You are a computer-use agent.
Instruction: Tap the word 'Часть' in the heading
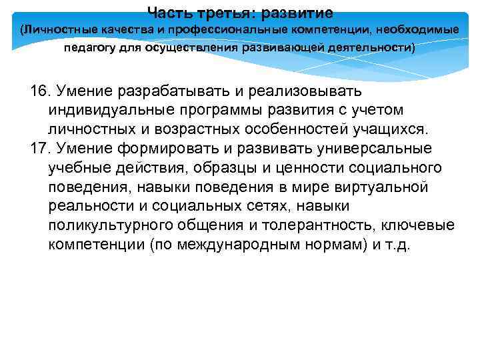click(x=169, y=13)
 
